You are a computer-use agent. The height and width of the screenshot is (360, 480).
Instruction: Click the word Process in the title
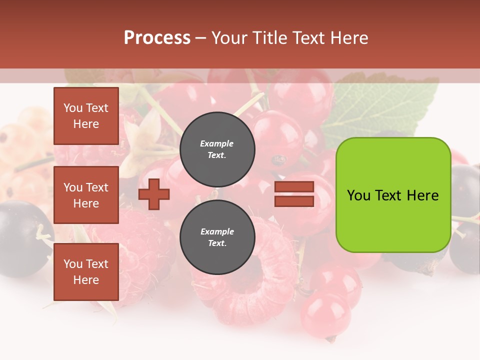[x=157, y=38]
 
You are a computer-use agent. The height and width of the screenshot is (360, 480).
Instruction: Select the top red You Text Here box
[x=86, y=116]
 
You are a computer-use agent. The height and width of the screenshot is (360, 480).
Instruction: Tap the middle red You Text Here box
[x=86, y=195]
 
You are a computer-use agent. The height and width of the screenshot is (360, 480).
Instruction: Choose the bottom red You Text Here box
[x=86, y=272]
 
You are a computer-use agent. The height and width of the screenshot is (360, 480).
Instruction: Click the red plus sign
[x=154, y=194]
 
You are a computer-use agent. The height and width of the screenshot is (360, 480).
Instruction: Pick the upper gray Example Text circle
[x=217, y=149]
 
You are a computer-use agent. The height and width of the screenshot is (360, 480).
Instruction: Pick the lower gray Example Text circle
[x=217, y=237]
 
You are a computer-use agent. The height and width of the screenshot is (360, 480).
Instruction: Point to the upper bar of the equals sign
[x=294, y=187]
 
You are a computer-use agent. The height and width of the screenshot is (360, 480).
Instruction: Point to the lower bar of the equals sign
[x=294, y=201]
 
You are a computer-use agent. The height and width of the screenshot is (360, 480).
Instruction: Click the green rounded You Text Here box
[x=393, y=195]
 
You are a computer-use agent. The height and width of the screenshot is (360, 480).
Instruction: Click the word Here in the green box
[x=422, y=195]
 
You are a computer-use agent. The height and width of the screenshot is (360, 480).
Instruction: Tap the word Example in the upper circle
[x=217, y=143]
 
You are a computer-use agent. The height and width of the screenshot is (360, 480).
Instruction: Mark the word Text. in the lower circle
[x=217, y=243]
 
